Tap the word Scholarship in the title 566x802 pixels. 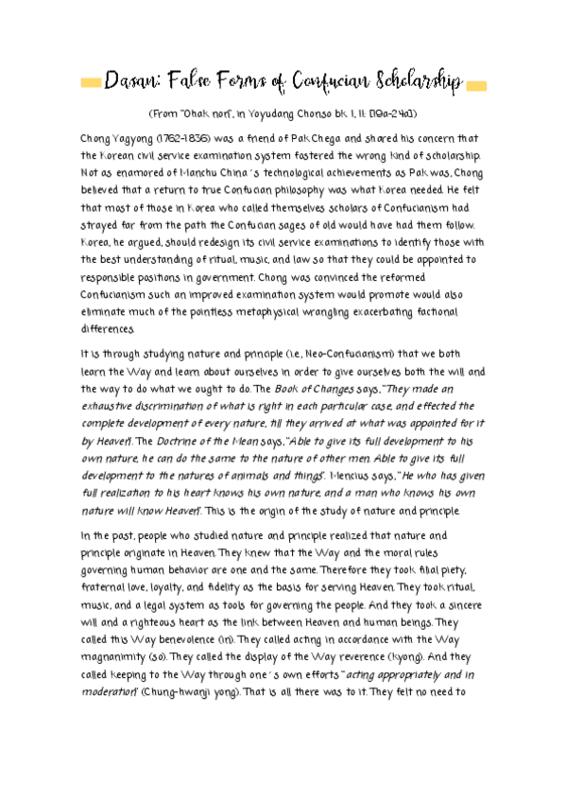coord(414,82)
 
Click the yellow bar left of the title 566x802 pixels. coord(90,84)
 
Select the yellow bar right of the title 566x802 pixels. coord(476,85)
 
